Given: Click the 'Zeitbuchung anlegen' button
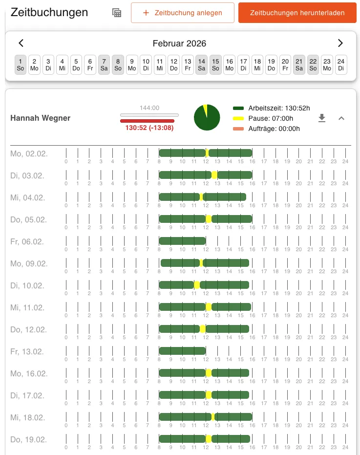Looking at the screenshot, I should click(182, 13).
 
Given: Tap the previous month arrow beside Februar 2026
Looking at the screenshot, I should click(21, 43).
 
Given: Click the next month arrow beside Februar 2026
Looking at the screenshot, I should click(340, 43).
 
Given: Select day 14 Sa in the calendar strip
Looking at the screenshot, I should click(201, 65).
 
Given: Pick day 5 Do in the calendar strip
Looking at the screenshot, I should click(76, 65).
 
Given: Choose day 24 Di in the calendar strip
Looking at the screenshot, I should click(341, 65).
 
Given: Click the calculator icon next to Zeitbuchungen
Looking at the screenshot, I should click(117, 13).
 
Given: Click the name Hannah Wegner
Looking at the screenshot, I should click(41, 118).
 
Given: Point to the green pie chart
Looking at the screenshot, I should click(207, 118).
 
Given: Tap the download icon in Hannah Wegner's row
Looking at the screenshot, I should click(321, 118).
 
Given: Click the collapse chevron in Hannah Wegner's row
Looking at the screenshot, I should click(341, 118).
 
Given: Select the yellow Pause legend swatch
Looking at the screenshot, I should click(238, 118).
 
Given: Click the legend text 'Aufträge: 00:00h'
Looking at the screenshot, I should click(274, 129).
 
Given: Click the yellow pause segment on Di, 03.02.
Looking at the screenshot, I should click(214, 175).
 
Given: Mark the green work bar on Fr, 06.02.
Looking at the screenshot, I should click(182, 241).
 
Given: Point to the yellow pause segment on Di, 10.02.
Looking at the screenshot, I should click(197, 285).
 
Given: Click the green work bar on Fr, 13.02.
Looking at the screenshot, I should click(182, 351).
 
